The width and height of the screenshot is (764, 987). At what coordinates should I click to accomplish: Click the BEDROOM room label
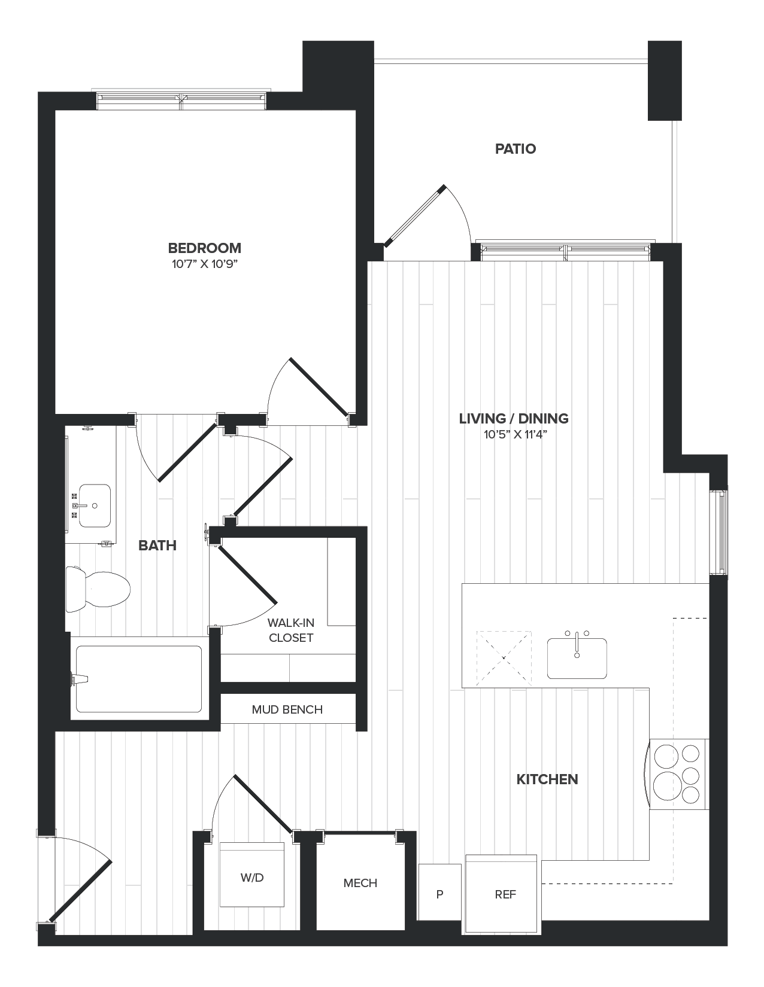204,248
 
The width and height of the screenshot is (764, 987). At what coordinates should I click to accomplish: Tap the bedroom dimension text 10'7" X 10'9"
205,264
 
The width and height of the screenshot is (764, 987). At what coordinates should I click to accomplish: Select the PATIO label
515,148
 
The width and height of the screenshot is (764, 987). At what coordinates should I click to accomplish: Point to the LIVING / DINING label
514,418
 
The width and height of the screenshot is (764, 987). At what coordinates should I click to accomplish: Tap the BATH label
157,545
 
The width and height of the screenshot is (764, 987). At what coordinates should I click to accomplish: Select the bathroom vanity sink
95,505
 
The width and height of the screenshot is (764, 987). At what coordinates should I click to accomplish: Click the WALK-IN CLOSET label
291,630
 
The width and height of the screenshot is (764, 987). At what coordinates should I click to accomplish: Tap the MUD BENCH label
287,709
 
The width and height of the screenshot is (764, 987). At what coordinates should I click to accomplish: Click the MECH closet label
360,883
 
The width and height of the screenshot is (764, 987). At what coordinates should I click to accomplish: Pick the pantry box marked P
439,894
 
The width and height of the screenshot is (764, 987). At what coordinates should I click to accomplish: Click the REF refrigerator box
505,894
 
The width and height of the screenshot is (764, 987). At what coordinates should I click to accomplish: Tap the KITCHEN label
547,779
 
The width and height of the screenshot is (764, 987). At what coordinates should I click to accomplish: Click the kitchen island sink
577,657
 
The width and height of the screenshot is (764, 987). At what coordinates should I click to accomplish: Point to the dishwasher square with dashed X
504,657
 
